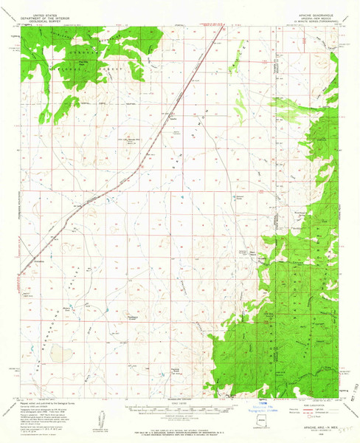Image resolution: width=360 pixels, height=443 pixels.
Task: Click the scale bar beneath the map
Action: point(179,405)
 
